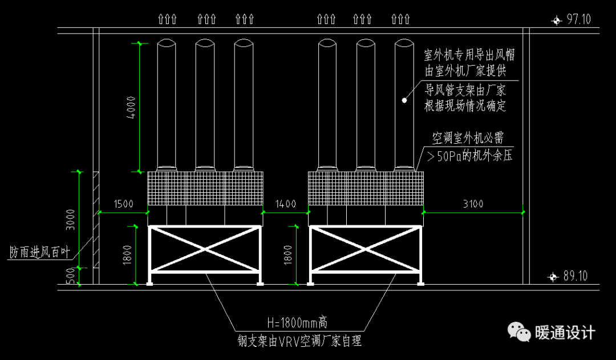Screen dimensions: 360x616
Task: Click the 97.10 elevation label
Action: point(578,19)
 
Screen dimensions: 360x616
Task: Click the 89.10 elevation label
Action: point(575,276)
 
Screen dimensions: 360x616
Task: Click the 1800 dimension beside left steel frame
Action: point(127,254)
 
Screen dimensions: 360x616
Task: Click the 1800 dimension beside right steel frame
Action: point(288,254)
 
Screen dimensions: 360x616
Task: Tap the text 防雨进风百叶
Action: point(39,252)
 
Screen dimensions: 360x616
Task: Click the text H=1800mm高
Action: point(297,323)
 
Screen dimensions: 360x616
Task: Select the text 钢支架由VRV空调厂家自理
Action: point(299,341)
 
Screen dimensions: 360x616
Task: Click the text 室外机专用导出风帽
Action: point(469,55)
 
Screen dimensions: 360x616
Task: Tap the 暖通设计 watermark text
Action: point(565,333)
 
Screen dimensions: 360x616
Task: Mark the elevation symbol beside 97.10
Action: point(556,20)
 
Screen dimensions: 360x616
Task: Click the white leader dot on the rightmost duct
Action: point(404,100)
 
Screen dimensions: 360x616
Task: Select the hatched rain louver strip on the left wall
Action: point(96,220)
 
